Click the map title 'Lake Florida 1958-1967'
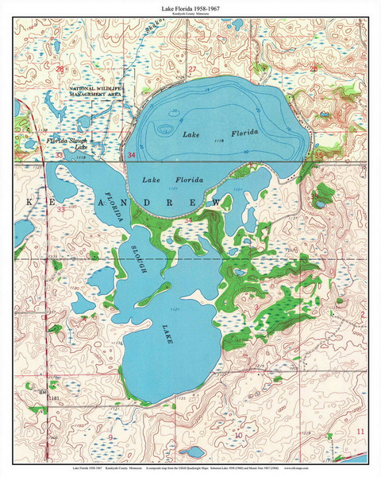[x=190, y=6]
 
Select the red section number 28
[x=60, y=70]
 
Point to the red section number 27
[x=192, y=70]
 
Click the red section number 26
[x=314, y=70]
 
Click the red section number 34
[x=131, y=156]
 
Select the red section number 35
[x=318, y=157]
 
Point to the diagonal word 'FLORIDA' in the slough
[x=116, y=206]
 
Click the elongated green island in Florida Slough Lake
[x=154, y=292]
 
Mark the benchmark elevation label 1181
[x=53, y=396]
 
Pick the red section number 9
[x=110, y=437]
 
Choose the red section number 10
[x=238, y=436]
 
